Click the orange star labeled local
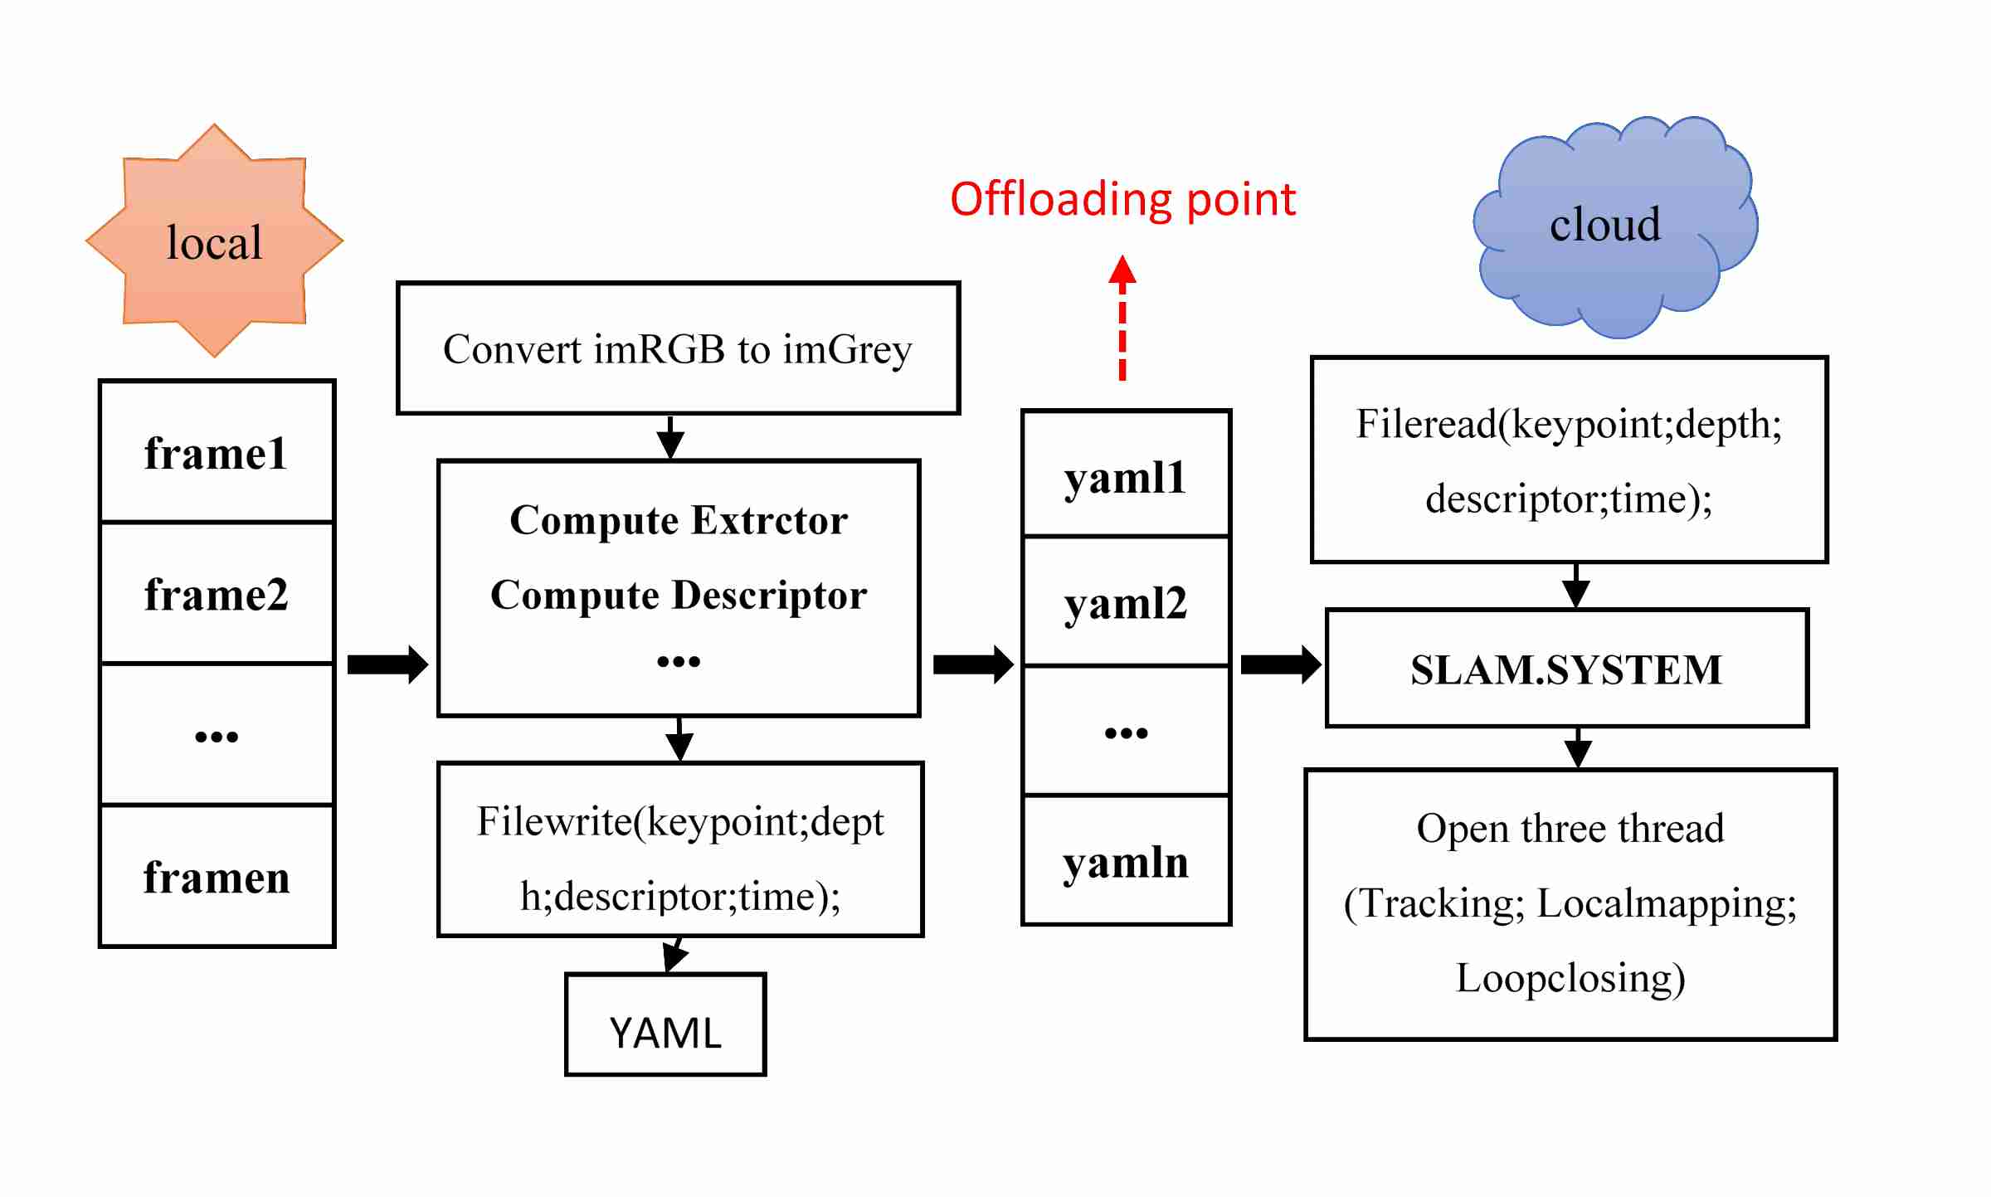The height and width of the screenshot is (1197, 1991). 214,241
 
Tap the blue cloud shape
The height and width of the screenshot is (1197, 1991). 1614,228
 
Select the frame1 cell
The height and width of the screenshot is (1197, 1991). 217,452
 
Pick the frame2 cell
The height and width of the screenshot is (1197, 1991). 217,594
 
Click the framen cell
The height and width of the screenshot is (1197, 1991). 217,877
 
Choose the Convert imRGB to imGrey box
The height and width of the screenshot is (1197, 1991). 678,348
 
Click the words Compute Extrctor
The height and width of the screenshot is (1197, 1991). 679,521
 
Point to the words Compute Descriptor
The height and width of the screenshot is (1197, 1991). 679,596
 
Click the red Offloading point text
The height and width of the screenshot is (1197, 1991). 1122,200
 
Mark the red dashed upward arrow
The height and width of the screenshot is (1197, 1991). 1122,319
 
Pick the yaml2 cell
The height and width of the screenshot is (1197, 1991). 1126,602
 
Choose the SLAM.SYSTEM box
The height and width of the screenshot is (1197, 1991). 1566,669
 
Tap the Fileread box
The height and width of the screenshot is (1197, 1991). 1569,460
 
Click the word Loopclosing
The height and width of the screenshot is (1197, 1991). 1570,978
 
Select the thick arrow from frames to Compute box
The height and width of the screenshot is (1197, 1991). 387,664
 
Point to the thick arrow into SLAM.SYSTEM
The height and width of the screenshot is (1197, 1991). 1280,664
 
